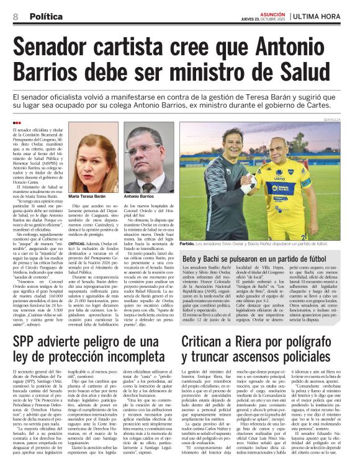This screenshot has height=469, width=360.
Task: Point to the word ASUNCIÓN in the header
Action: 272,12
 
